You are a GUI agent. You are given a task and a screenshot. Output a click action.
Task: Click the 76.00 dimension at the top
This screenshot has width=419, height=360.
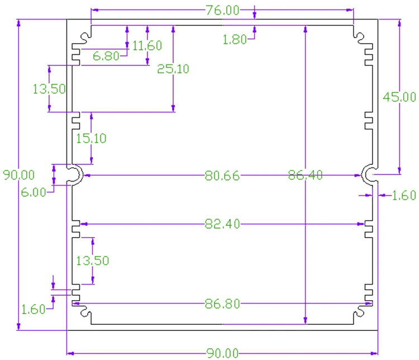click(x=222, y=11)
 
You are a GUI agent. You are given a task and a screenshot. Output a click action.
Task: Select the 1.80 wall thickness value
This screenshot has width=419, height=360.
click(x=235, y=40)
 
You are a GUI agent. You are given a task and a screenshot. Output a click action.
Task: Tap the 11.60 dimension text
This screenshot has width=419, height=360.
click(x=147, y=45)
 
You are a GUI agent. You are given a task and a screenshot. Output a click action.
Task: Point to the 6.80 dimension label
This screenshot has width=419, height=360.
click(x=106, y=56)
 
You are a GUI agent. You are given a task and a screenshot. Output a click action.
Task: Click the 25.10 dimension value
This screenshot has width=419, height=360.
click(x=173, y=69)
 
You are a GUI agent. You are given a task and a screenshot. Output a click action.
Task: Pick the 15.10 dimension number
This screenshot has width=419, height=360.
click(x=91, y=138)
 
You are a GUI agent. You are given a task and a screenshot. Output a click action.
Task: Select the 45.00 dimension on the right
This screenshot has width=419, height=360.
click(x=399, y=97)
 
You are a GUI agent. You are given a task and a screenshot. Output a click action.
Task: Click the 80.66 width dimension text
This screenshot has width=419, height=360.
click(x=222, y=176)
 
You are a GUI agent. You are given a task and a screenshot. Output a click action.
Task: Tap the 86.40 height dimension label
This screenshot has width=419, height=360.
click(x=306, y=175)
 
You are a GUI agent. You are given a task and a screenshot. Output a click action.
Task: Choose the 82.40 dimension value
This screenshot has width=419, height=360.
click(x=222, y=224)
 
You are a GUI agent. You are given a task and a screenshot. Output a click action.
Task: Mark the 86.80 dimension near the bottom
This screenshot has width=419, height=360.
click(x=222, y=304)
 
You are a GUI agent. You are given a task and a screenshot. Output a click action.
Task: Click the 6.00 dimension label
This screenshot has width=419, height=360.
click(x=34, y=192)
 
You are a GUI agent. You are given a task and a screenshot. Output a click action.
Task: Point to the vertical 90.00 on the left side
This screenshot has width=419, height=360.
click(x=18, y=175)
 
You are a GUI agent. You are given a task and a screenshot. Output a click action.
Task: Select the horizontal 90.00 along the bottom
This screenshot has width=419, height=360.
click(x=222, y=353)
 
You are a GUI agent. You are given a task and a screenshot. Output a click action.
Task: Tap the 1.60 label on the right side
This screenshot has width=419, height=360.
click(x=404, y=196)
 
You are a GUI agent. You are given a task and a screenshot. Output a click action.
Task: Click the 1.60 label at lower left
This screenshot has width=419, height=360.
click(x=33, y=310)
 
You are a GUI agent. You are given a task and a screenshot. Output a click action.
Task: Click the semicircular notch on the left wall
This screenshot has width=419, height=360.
click(x=80, y=175)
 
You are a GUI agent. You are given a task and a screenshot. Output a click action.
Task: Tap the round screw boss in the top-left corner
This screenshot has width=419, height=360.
click(x=85, y=37)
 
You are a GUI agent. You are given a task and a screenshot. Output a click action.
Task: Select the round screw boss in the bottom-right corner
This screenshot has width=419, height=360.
click(x=359, y=312)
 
